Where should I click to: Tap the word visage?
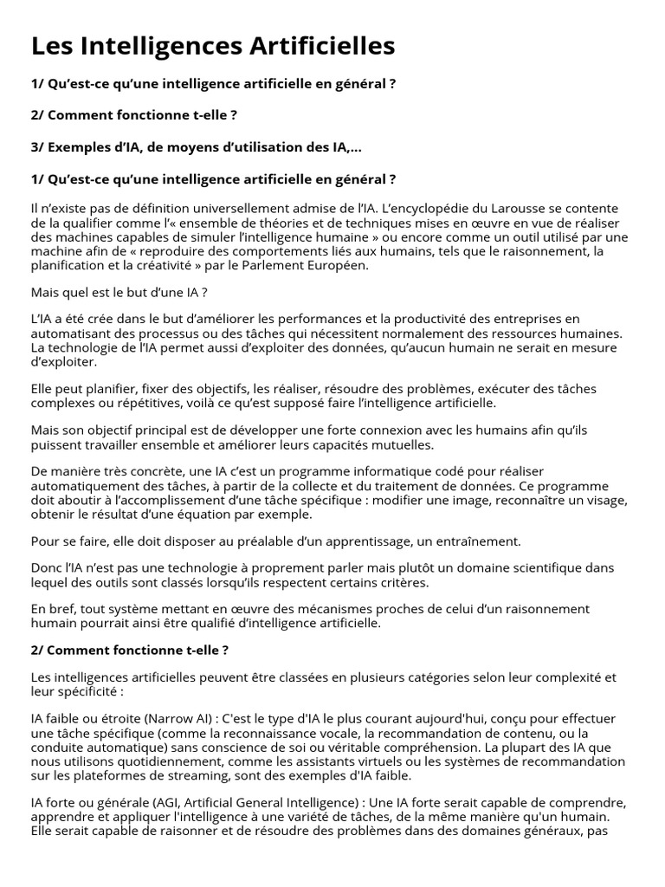605,500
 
